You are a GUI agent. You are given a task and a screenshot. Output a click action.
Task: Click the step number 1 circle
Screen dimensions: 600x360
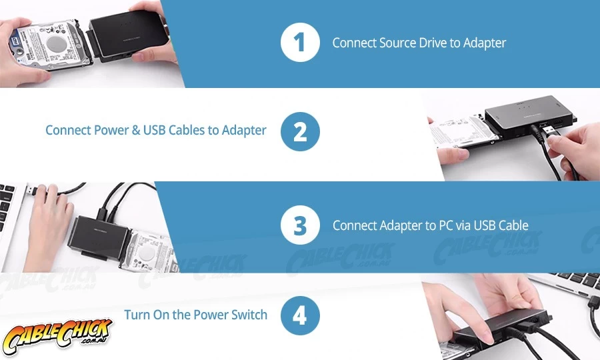tap(300, 42)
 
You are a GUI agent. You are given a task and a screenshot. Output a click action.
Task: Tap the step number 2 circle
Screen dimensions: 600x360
tap(300, 131)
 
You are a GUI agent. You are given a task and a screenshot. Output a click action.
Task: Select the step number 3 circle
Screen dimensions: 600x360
tap(300, 225)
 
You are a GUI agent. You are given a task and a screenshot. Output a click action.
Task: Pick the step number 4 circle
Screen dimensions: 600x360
tap(300, 315)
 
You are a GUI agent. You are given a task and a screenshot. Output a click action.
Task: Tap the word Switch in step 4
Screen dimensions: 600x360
tap(249, 315)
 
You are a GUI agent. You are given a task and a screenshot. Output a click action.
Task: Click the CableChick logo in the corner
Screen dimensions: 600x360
tap(57, 335)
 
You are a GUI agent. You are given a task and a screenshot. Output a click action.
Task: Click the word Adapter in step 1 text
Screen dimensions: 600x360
tap(485, 43)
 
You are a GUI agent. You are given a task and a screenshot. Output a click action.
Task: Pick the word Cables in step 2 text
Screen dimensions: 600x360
tap(187, 130)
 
